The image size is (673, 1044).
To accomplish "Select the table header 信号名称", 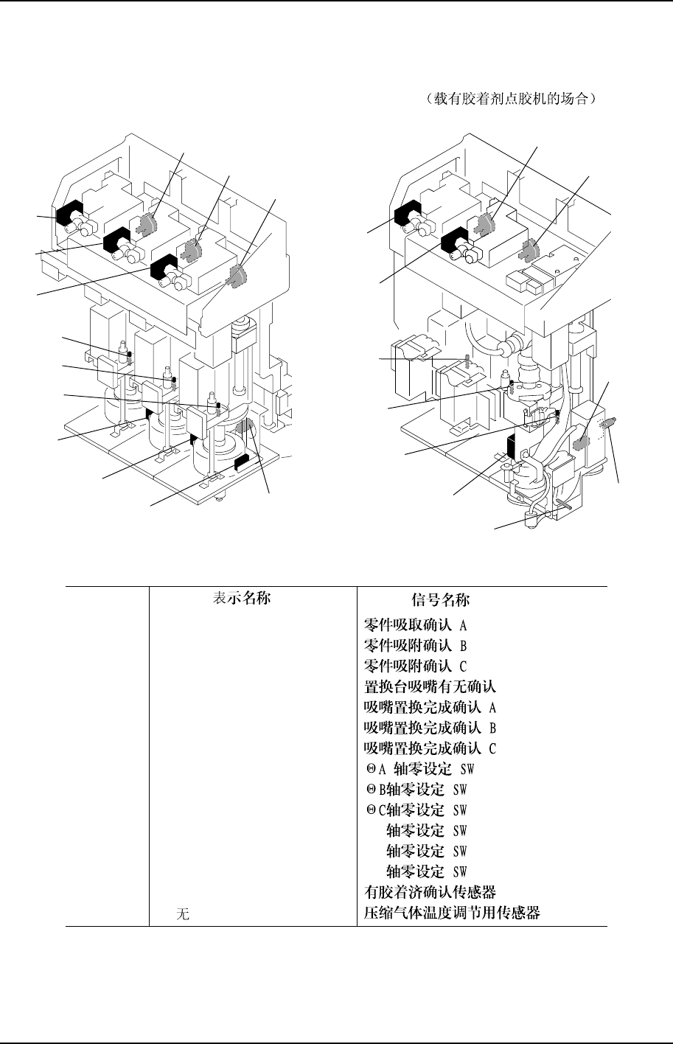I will [x=441, y=599].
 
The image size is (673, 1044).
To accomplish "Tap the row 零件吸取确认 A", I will [x=416, y=625].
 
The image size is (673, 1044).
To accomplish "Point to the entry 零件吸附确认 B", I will [x=416, y=646].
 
